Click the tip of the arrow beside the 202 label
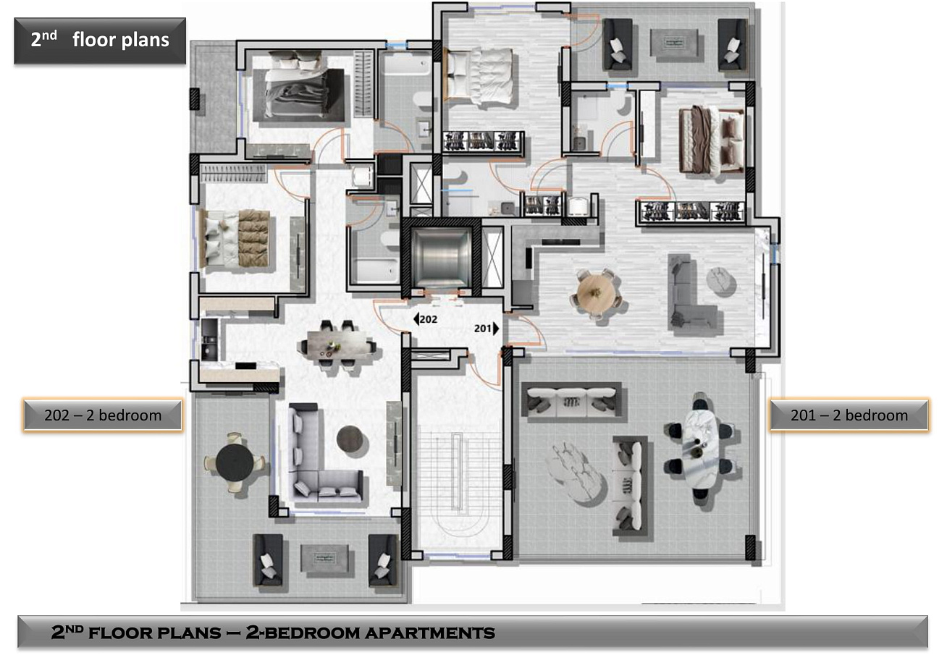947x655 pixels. coord(413,319)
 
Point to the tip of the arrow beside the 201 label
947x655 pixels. coord(500,329)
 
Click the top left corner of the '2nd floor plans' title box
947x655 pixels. coord(14,18)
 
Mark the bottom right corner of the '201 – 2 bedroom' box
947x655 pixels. coord(929,431)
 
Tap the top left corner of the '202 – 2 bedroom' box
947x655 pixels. coord(23,399)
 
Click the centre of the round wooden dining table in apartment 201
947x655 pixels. coord(596,292)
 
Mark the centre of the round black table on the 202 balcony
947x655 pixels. coord(235,462)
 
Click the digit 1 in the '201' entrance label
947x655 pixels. coord(489,329)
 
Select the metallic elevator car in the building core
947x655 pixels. coord(441,256)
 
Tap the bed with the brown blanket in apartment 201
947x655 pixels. coord(712,140)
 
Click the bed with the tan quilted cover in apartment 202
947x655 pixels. coord(237,238)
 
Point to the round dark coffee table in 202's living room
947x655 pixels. coord(350,439)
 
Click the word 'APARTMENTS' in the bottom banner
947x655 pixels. coord(430,633)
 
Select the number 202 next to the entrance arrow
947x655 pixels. coord(429,319)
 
